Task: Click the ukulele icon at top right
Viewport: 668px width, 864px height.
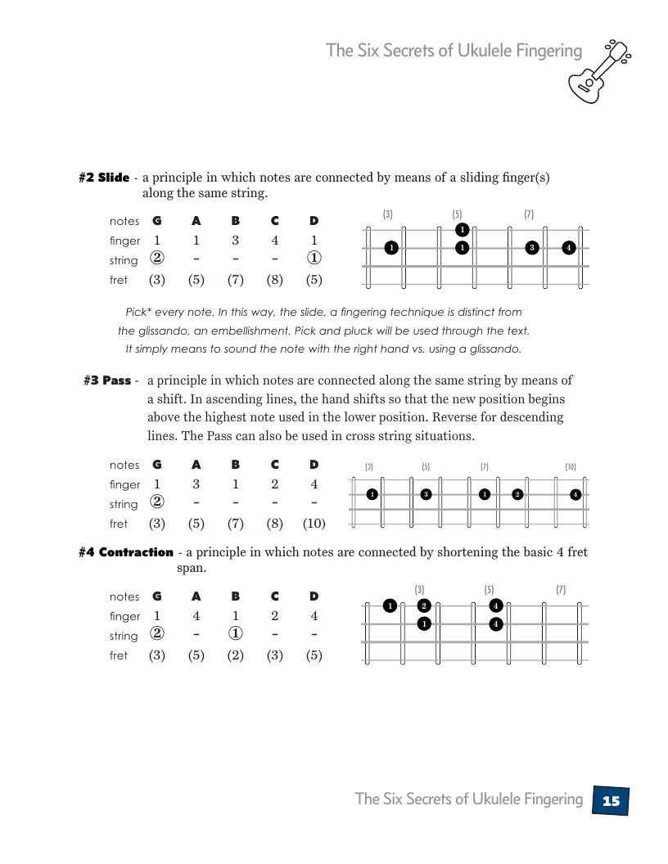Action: coord(603,70)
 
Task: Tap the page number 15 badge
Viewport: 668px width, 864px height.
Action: coord(611,800)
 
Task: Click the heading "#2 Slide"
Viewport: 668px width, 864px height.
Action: coord(104,178)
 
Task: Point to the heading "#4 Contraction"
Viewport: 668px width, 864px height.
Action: coord(126,552)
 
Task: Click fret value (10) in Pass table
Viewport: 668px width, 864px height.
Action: coord(314,524)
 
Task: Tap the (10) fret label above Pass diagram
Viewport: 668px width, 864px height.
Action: coord(571,467)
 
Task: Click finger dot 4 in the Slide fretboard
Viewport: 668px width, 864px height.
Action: coord(569,247)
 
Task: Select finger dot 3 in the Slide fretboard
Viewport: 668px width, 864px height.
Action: coord(532,247)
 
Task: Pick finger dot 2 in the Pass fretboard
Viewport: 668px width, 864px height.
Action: coord(517,494)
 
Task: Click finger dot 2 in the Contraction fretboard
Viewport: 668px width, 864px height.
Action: coord(423,605)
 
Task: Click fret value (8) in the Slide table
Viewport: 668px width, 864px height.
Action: coord(274,280)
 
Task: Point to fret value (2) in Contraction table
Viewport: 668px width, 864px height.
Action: coord(235,655)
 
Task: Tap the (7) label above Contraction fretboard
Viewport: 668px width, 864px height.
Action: coord(561,590)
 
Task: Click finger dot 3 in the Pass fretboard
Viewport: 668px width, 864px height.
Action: coord(426,494)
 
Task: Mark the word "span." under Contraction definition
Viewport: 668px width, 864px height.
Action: coord(192,568)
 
